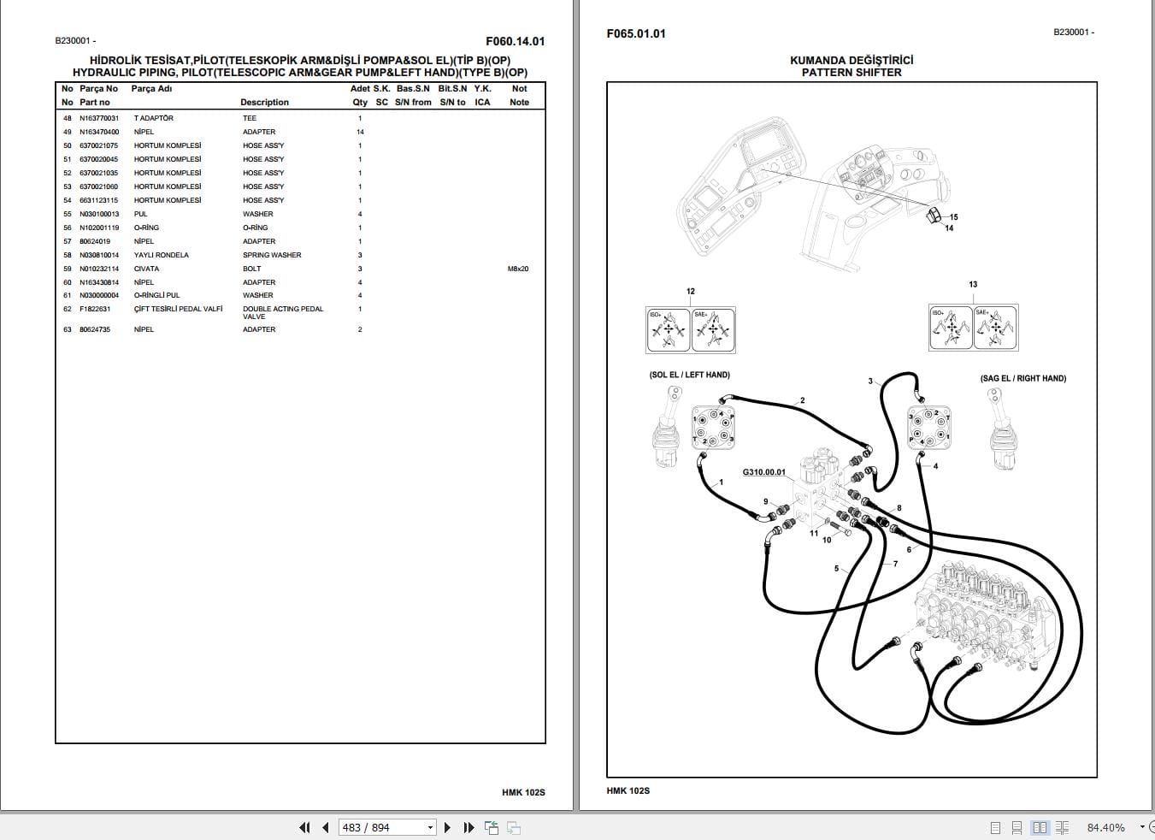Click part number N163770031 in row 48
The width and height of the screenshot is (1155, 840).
pyautogui.click(x=99, y=118)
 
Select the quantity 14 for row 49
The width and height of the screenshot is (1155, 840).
pyautogui.click(x=360, y=132)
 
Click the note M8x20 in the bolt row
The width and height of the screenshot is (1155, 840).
pyautogui.click(x=518, y=269)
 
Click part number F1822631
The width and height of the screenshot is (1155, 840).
pyautogui.click(x=94, y=309)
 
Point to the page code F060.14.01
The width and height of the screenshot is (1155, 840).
pyautogui.click(x=515, y=41)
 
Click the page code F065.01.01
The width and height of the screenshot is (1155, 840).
pyautogui.click(x=635, y=34)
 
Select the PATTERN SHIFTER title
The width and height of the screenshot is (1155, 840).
pyautogui.click(x=851, y=73)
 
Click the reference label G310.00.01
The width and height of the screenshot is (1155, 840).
pyautogui.click(x=763, y=472)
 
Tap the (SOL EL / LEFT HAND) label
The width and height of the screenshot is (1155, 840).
pyautogui.click(x=689, y=375)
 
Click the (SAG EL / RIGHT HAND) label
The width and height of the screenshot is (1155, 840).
pyautogui.click(x=1022, y=378)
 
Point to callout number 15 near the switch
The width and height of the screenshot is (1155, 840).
pyautogui.click(x=953, y=217)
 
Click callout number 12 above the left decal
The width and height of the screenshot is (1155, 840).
pyautogui.click(x=690, y=292)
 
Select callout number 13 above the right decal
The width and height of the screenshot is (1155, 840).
pyautogui.click(x=973, y=285)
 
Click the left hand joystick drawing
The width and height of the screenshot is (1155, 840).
pyautogui.click(x=667, y=427)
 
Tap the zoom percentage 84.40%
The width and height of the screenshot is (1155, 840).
pyautogui.click(x=1105, y=827)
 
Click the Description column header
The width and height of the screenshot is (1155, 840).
pyautogui.click(x=264, y=103)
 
